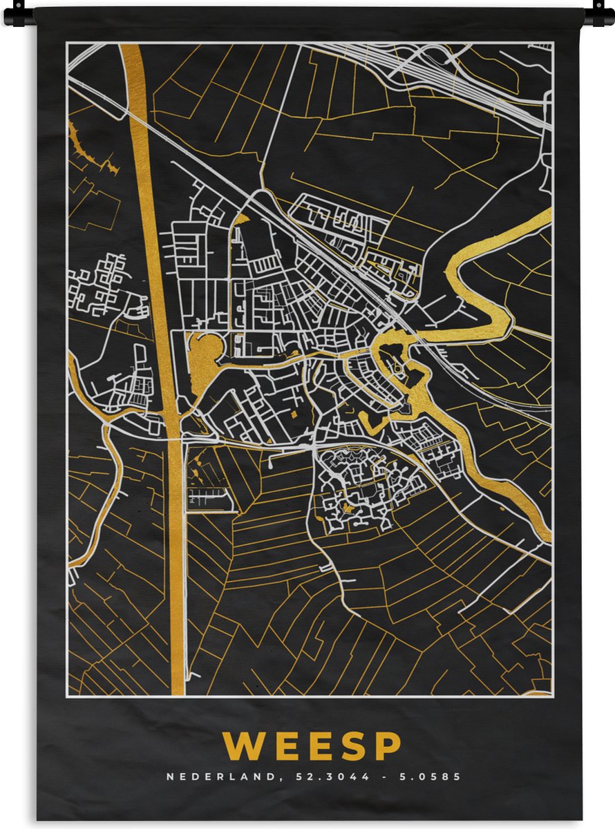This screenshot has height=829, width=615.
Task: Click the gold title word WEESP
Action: tap(312, 746)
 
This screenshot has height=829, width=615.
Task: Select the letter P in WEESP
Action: tap(388, 746)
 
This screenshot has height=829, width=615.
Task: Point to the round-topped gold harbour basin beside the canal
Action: tap(201, 356)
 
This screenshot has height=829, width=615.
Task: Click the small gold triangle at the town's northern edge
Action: tap(241, 220)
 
